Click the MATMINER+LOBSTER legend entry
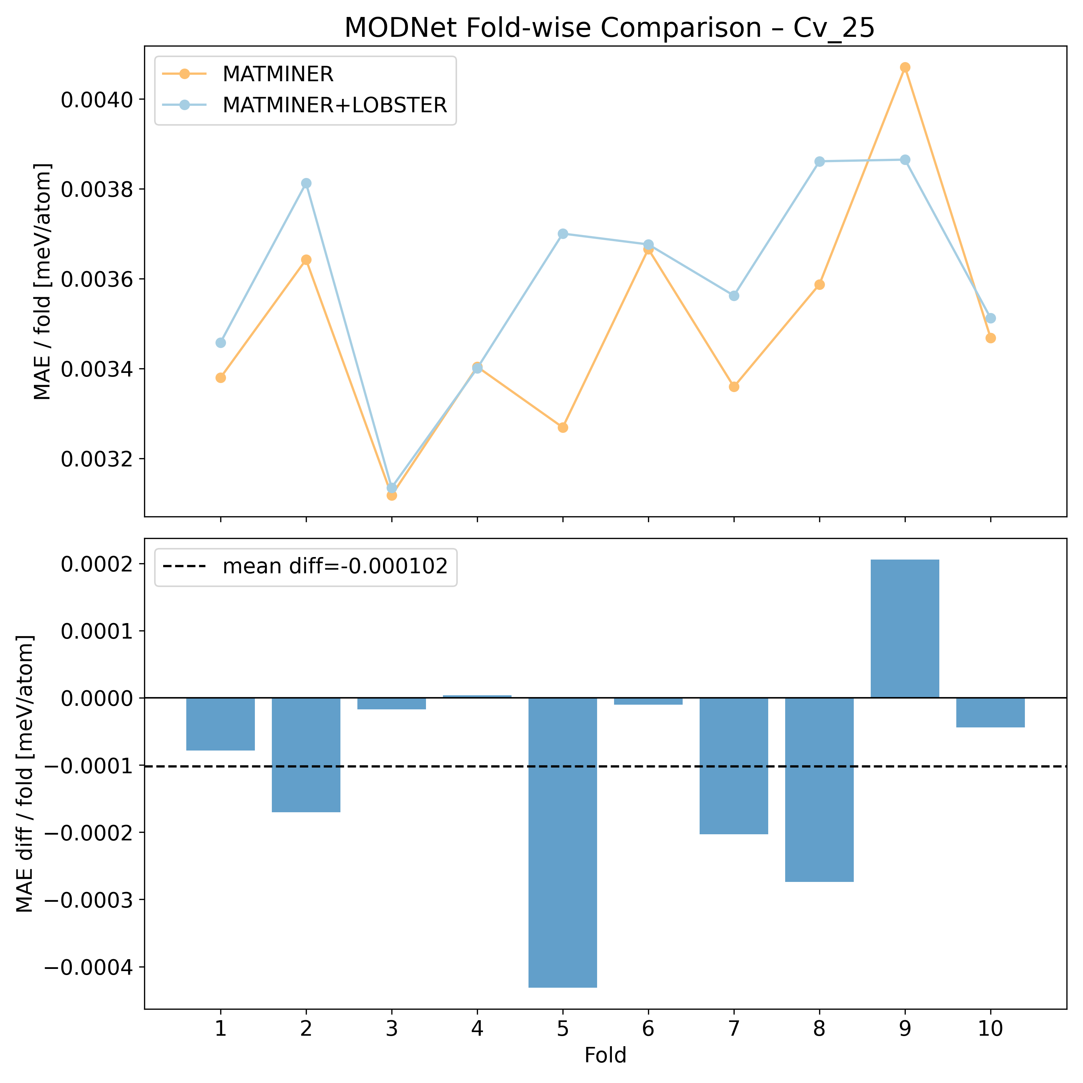335,105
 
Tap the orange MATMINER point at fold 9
905,67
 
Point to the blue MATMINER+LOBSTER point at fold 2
306,183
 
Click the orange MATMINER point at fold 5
563,428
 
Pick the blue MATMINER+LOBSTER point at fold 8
819,161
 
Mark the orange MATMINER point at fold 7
734,387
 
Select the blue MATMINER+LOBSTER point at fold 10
991,318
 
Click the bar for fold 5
563,841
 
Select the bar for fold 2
306,754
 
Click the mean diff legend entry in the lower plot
335,567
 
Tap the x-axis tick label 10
991,1029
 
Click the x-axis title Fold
605,1056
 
